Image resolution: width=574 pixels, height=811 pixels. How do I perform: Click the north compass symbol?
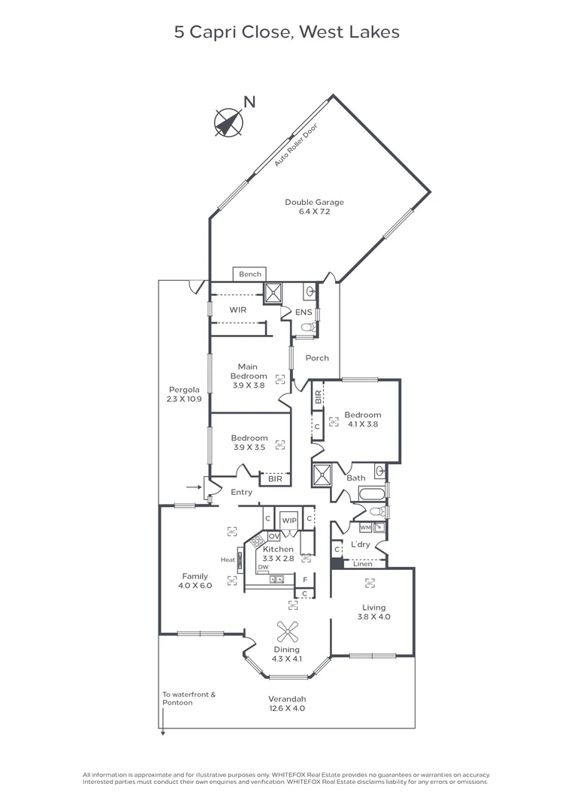pyautogui.click(x=228, y=122)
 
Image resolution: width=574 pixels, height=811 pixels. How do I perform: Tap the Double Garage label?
pyautogui.click(x=314, y=202)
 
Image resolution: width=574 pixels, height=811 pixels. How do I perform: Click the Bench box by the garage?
pyautogui.click(x=250, y=274)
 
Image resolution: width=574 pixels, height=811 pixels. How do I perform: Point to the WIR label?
pyautogui.click(x=238, y=309)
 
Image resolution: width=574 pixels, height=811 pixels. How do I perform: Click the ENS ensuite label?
pyautogui.click(x=303, y=312)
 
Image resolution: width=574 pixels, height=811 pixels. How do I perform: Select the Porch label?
pyautogui.click(x=316, y=358)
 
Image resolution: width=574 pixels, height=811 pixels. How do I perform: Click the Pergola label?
pyautogui.click(x=183, y=389)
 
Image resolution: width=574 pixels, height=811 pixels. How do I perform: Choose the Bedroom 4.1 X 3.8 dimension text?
pyautogui.click(x=362, y=424)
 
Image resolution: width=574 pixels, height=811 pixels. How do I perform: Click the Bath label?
pyautogui.click(x=355, y=478)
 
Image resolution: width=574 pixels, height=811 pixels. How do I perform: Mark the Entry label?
pyautogui.click(x=241, y=493)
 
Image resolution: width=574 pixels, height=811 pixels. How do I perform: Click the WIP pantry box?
pyautogui.click(x=289, y=520)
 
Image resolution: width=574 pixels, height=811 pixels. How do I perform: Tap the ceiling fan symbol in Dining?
pyautogui.click(x=287, y=632)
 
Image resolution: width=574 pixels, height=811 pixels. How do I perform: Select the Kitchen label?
pyautogui.click(x=278, y=549)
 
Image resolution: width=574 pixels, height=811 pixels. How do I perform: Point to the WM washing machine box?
pyautogui.click(x=365, y=527)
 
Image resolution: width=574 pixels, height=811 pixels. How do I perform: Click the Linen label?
pyautogui.click(x=362, y=564)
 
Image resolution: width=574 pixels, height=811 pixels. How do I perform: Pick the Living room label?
pyautogui.click(x=373, y=607)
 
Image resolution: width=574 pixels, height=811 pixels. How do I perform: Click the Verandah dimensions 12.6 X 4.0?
pyautogui.click(x=286, y=707)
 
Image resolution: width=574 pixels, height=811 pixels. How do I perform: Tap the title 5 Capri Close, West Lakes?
pyautogui.click(x=286, y=32)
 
